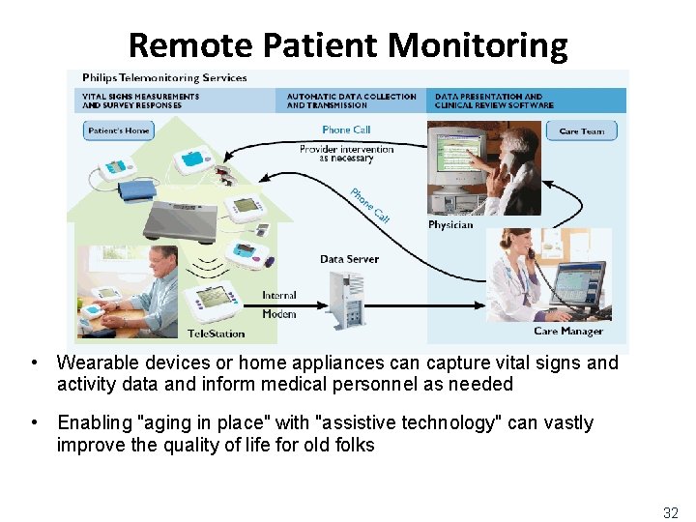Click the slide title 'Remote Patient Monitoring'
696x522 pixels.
(x=347, y=44)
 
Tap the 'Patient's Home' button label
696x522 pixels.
(x=119, y=130)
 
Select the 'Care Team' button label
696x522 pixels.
(x=582, y=130)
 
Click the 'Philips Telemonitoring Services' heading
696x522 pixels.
(x=164, y=77)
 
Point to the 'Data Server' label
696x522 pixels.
(x=349, y=259)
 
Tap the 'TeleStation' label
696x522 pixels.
(x=217, y=334)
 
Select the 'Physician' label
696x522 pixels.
(x=450, y=225)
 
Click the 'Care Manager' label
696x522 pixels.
(x=568, y=332)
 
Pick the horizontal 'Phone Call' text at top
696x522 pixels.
(x=346, y=130)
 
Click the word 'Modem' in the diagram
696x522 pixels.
(x=279, y=314)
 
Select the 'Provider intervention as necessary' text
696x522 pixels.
(x=346, y=154)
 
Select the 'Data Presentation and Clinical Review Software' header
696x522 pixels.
(x=494, y=101)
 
